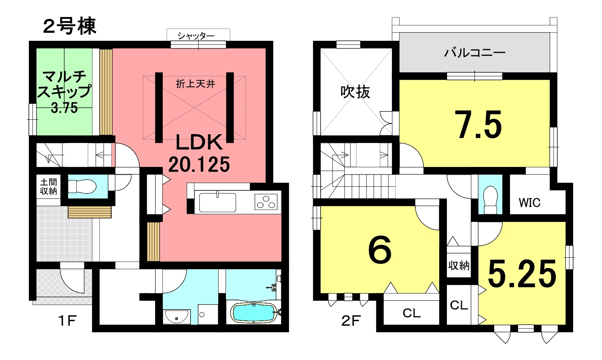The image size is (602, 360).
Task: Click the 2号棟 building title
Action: pos(70,26)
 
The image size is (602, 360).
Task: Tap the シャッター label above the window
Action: pos(196,36)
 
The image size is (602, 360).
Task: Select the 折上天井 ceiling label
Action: pos(196,84)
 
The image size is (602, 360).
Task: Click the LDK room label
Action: pos(199,143)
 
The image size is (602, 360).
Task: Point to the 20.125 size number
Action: pos(199,164)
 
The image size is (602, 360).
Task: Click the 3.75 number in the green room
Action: pos(64,108)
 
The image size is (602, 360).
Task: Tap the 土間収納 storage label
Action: pos(48,186)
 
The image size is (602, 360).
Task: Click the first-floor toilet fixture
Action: pos(82,186)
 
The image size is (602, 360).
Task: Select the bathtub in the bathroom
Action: pos(254,312)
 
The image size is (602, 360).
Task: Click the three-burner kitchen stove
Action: pos(266,202)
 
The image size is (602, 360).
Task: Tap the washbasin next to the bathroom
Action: pos(176,317)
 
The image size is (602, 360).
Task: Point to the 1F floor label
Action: pos(67,321)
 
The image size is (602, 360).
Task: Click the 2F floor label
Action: pos(351,321)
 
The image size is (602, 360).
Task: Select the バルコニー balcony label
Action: pos(475,53)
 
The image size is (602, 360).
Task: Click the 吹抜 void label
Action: pos(355,92)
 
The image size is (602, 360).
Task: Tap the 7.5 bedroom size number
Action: pos(478,125)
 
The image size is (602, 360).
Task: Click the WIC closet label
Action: pos(529,203)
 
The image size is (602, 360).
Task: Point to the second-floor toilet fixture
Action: pos(490,200)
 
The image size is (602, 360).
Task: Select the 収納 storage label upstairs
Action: pos(459,265)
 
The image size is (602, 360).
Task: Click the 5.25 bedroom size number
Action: pos(522,273)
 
